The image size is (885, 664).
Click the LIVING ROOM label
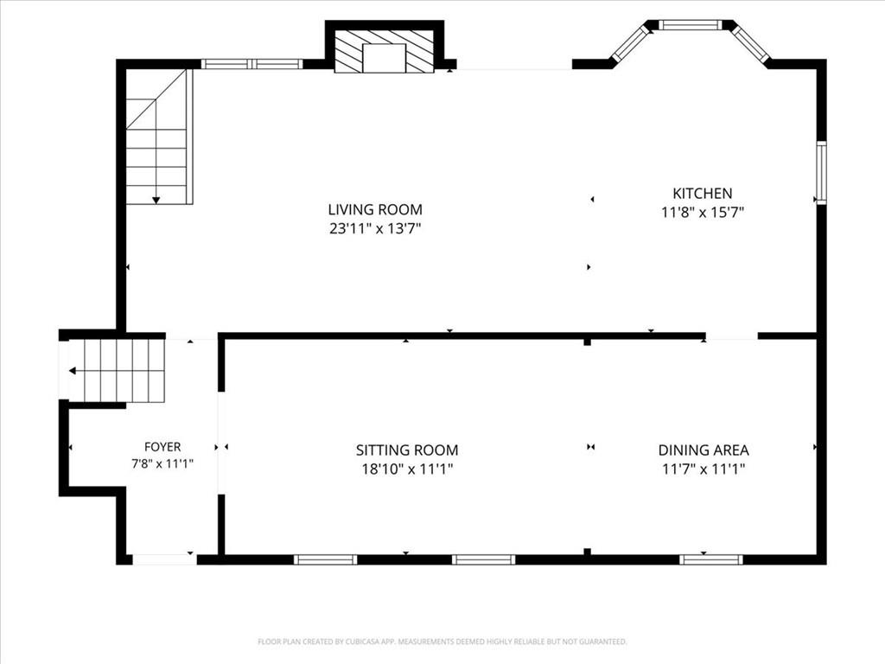(x=375, y=209)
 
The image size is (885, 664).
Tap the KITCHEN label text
(x=702, y=193)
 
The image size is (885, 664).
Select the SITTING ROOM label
(x=407, y=450)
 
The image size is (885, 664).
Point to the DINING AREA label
(x=704, y=450)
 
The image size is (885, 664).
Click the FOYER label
(x=162, y=447)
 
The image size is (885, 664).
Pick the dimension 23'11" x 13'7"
(x=375, y=228)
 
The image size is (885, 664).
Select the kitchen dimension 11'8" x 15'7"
(x=702, y=213)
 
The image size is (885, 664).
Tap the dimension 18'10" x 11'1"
(x=407, y=469)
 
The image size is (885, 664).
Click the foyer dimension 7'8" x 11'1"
(x=162, y=464)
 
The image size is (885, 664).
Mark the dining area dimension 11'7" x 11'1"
(x=704, y=469)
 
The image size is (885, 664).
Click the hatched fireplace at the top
(x=385, y=51)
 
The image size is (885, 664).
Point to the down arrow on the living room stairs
(x=156, y=201)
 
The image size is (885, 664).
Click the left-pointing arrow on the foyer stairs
(x=73, y=371)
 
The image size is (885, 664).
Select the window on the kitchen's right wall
(x=821, y=172)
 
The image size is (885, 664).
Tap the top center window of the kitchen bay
(x=691, y=24)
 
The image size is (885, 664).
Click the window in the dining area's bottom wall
(x=710, y=559)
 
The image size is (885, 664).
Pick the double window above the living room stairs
(x=251, y=64)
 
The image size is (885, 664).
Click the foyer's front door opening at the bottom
(x=164, y=559)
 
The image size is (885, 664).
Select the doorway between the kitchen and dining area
(x=731, y=336)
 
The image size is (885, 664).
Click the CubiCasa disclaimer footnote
(x=442, y=642)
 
